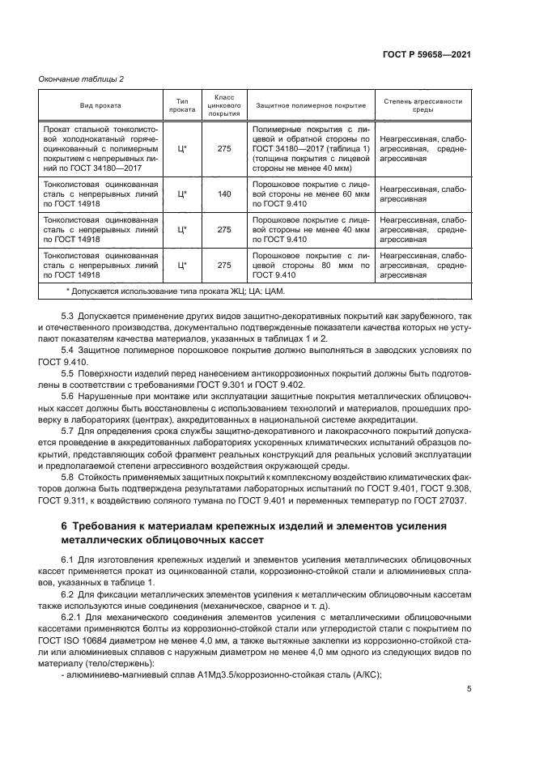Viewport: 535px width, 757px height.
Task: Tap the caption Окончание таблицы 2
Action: [80, 79]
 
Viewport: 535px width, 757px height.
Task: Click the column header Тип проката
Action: [180, 105]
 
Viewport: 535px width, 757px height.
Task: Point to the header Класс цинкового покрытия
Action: [224, 105]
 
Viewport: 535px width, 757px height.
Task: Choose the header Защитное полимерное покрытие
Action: [310, 105]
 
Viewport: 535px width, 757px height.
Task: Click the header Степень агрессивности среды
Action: [423, 105]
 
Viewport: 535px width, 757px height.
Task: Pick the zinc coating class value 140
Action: [224, 194]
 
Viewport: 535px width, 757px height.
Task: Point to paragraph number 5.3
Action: [68, 313]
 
